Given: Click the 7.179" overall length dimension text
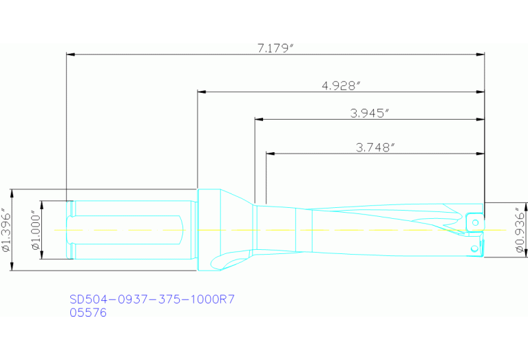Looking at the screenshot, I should coord(275,47).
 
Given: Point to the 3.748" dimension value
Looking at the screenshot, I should coord(374,147).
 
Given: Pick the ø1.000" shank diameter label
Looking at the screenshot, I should coord(36,230).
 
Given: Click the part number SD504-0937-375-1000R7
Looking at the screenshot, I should coord(152,299).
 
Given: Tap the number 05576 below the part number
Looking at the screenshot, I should coord(88,312).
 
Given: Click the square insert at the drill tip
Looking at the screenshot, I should coord(474,222).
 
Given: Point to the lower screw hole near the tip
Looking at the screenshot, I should coord(474,247).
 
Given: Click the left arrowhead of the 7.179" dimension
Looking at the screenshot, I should coord(70,54).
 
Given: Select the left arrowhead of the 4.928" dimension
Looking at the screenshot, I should coord(202,91).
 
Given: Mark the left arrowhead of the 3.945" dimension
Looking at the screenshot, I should coord(259,119).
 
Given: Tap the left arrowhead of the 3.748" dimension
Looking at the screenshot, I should coord(270,153).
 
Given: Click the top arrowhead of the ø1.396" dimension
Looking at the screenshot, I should coord(13,193).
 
